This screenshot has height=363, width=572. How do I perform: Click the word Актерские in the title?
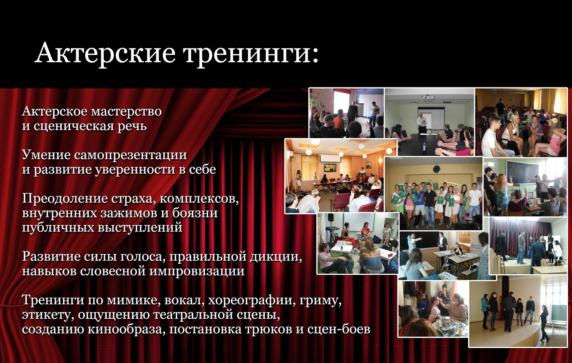tap(105, 53)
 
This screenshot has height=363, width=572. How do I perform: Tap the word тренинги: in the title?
tap(251, 55)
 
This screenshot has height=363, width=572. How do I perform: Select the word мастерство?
tap(127, 112)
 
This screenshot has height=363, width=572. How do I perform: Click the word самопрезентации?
tap(130, 155)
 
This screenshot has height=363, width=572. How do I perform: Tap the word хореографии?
tap(250, 301)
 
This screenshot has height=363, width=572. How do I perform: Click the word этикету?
tap(46, 315)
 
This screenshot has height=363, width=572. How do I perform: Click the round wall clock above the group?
tap(437, 169)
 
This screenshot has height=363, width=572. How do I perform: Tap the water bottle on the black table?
tap(424, 148)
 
